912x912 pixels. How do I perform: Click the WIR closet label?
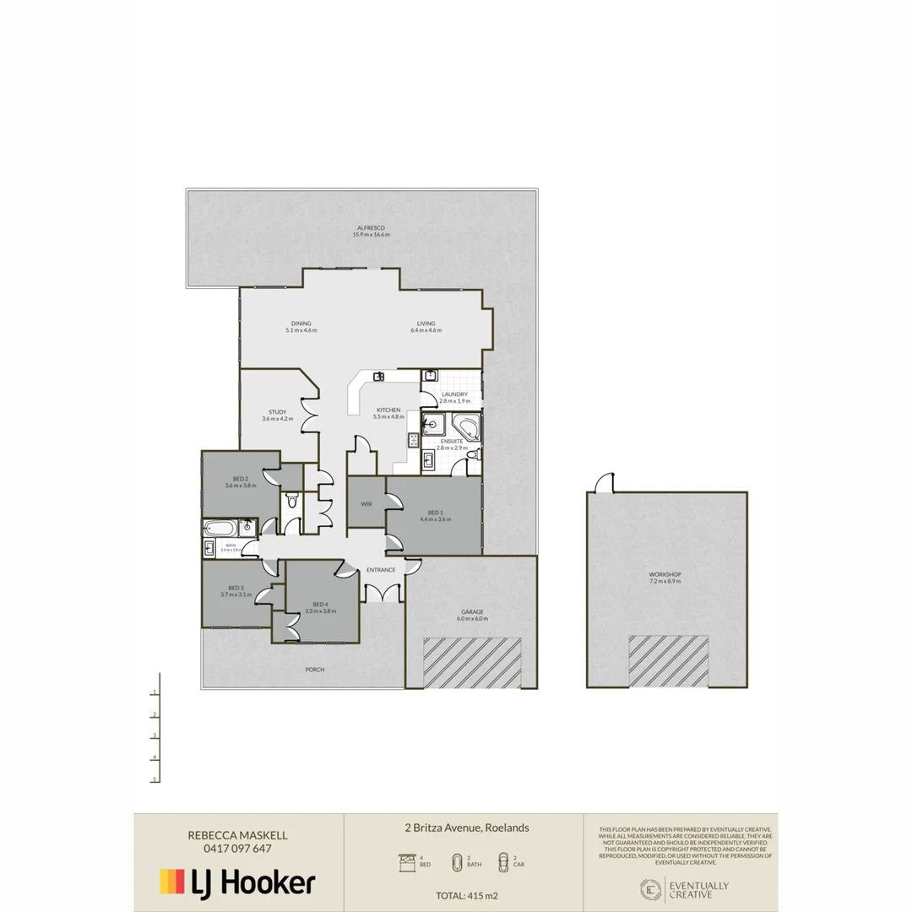pyautogui.click(x=366, y=503)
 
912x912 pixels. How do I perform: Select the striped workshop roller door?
pyautogui.click(x=669, y=660)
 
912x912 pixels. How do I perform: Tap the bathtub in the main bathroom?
pyautogui.click(x=220, y=529)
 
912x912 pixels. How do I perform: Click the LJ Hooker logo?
pyautogui.click(x=238, y=882)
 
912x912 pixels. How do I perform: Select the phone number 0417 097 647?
pyautogui.click(x=238, y=849)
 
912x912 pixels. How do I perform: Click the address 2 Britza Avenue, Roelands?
pyautogui.click(x=467, y=828)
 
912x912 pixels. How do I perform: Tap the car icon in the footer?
pyautogui.click(x=503, y=862)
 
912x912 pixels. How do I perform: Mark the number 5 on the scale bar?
pyautogui.click(x=155, y=779)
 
